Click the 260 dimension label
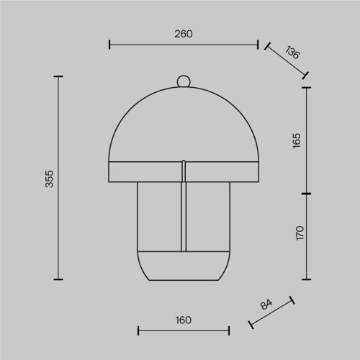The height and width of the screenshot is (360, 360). [x=184, y=34]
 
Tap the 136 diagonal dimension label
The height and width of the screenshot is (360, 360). [x=292, y=52]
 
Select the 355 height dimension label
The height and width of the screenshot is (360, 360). [x=50, y=179]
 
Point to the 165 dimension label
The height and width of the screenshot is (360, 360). [x=297, y=140]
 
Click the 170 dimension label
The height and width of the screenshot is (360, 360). [x=300, y=233]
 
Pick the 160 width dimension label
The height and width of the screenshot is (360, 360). [x=184, y=320]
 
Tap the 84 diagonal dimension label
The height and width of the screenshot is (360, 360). [x=266, y=304]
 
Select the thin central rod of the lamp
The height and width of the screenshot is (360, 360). [x=184, y=206]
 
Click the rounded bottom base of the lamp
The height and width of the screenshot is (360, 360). [x=184, y=266]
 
